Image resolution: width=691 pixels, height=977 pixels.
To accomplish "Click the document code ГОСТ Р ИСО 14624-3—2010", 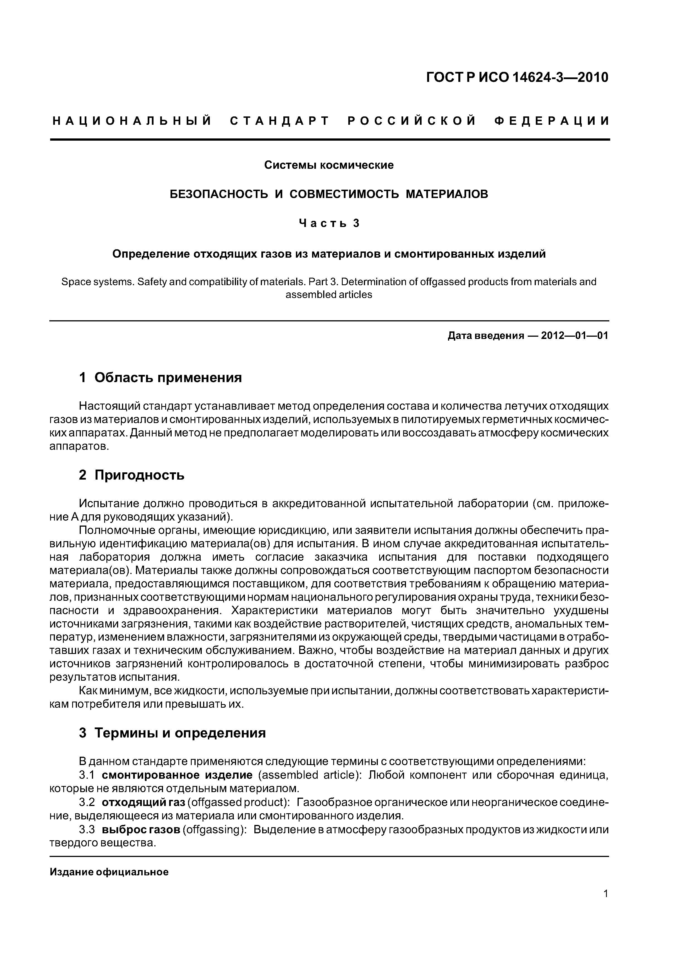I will [517, 78].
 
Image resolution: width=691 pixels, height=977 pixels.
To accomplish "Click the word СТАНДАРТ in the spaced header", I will [280, 121].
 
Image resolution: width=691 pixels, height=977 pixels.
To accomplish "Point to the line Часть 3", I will [329, 223].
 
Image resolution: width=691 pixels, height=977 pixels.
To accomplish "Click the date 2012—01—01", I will [574, 336].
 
